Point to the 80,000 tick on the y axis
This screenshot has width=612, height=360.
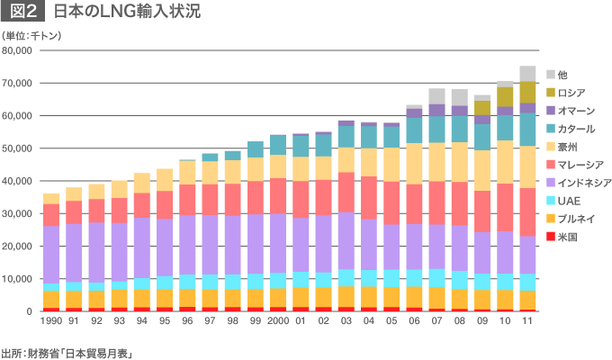(18, 50)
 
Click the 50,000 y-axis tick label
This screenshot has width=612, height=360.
(18, 148)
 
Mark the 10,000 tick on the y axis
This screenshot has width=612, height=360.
(18, 279)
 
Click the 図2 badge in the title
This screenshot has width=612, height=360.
(24, 13)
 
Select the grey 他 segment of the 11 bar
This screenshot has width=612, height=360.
(527, 74)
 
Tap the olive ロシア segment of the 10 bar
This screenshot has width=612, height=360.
(505, 96)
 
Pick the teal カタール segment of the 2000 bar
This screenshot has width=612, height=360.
(278, 145)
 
